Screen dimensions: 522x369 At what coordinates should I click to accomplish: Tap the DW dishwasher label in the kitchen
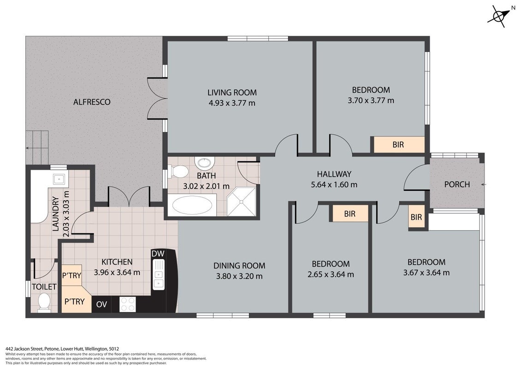click(x=158, y=253)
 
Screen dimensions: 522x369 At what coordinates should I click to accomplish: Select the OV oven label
click(x=101, y=304)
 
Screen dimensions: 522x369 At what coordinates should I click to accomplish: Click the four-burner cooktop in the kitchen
click(x=128, y=304)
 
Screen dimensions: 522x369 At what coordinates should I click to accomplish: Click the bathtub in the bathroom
click(x=192, y=205)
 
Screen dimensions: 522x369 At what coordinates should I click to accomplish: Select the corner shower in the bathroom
click(x=242, y=202)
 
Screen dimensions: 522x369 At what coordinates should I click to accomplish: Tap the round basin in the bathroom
click(x=204, y=163)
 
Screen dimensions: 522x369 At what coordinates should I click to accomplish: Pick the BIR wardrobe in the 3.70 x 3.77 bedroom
click(x=398, y=144)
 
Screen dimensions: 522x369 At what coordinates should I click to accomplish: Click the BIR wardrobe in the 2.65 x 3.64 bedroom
click(x=350, y=214)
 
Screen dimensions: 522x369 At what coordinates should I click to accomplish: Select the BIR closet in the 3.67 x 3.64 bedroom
click(x=416, y=217)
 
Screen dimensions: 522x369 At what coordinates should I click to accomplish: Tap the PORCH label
click(x=457, y=184)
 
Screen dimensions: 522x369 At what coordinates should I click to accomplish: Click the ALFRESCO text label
click(x=92, y=102)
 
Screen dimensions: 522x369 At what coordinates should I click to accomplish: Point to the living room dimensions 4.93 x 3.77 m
click(x=231, y=103)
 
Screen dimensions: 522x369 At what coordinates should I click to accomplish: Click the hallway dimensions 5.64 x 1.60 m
click(x=334, y=184)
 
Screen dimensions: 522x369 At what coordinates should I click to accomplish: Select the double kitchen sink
click(x=158, y=274)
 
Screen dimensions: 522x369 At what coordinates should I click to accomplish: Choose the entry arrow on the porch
click(x=483, y=184)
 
